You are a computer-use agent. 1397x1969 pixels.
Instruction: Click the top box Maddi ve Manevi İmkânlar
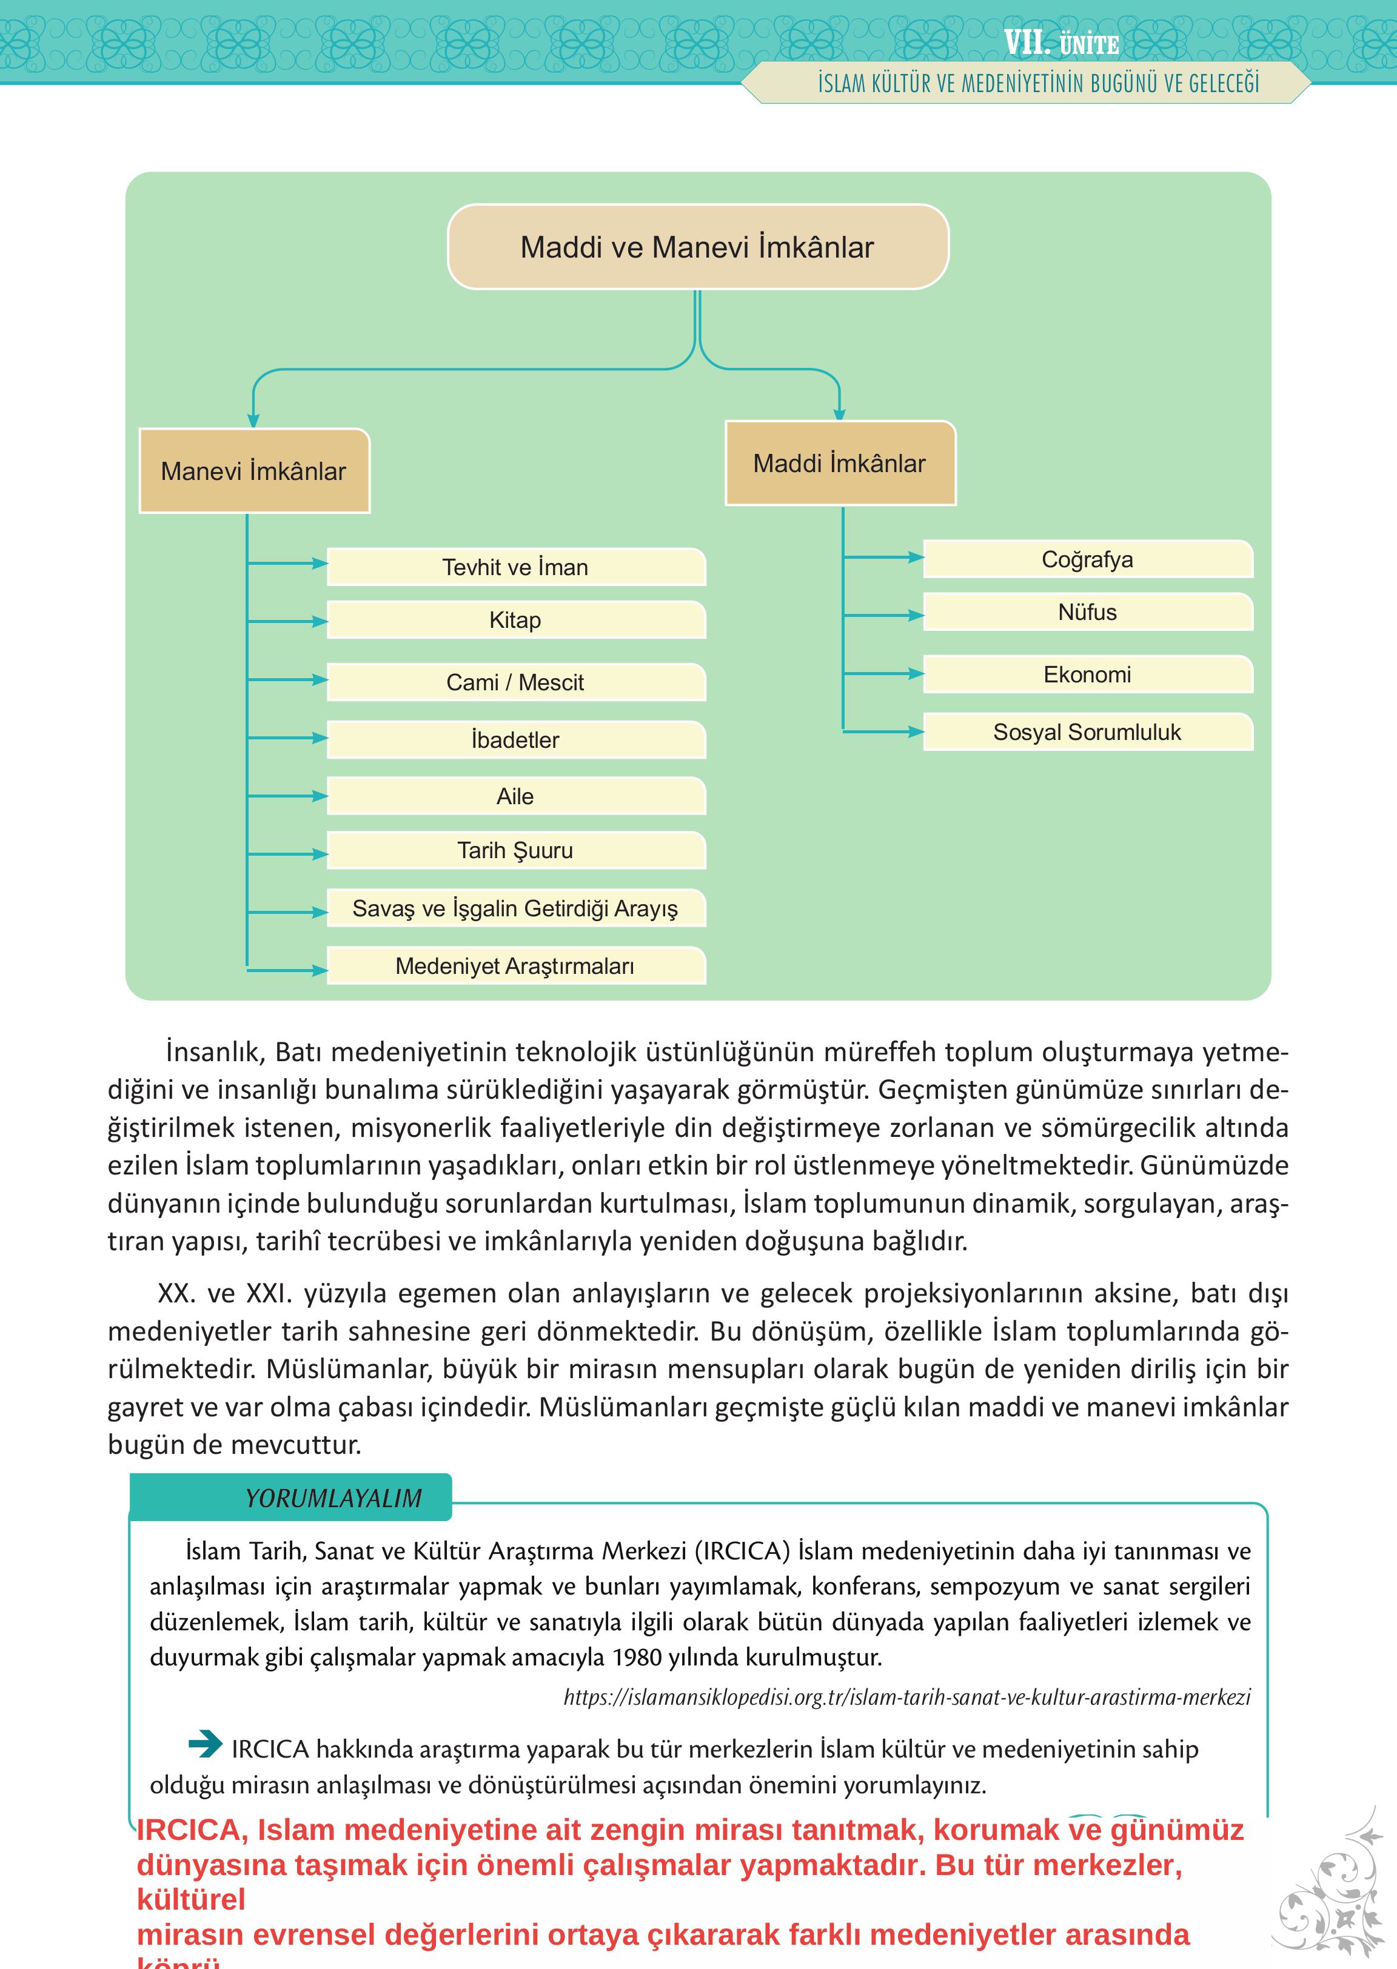click(x=698, y=247)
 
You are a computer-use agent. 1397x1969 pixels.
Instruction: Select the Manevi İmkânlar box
click(x=254, y=471)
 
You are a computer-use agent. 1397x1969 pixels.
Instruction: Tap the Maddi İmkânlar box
click(x=840, y=464)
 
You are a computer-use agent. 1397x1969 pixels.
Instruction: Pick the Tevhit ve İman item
click(x=515, y=567)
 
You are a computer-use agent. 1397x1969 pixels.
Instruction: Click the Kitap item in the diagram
click(x=515, y=620)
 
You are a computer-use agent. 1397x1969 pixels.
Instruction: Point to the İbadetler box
click(x=515, y=739)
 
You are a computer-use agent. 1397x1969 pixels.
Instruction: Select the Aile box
click(x=515, y=796)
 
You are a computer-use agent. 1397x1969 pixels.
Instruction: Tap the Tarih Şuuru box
click(x=515, y=850)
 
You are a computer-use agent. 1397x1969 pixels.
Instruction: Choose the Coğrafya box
click(x=1087, y=560)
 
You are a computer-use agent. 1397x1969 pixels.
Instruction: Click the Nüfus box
click(x=1087, y=612)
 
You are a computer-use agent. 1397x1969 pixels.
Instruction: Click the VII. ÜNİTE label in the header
click(x=1060, y=43)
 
